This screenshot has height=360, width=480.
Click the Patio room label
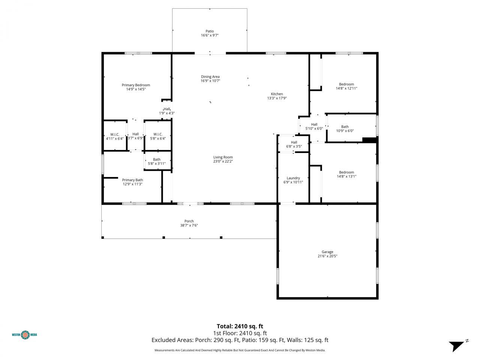(x=209, y=31)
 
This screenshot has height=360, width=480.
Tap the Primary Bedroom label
(x=136, y=85)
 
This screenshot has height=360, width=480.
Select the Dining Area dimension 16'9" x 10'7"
(x=210, y=81)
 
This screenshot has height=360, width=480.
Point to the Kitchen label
(x=277, y=94)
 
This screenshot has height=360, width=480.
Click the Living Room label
(x=223, y=157)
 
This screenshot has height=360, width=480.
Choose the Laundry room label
(x=293, y=178)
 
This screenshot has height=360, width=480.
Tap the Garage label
(x=327, y=252)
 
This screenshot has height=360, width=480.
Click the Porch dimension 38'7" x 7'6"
(x=189, y=225)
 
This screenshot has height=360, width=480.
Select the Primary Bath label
(x=132, y=180)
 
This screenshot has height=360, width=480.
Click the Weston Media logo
(x=25, y=334)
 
